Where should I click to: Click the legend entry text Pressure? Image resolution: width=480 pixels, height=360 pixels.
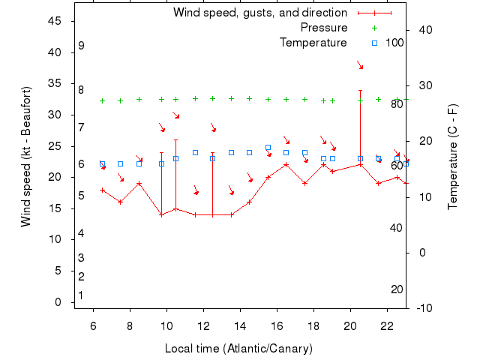coord(324,28)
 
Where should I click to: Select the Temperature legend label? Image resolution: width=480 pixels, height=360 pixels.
coord(313,42)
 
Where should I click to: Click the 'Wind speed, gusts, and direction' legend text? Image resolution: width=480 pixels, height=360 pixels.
coord(259,13)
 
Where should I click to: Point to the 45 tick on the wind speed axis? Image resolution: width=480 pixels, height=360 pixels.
coord(55,21)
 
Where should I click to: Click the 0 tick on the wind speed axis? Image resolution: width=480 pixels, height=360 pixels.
coord(58,302)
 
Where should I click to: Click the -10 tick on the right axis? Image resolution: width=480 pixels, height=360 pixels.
coord(422,307)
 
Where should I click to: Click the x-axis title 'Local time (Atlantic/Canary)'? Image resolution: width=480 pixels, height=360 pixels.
coord(238,349)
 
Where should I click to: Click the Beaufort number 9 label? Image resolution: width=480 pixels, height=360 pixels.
coord(81,46)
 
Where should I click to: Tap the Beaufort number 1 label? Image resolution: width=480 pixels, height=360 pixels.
coord(81,295)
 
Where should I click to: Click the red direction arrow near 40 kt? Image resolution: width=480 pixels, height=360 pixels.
coord(360,66)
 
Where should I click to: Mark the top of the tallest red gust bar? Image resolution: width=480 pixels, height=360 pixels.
coord(360,90)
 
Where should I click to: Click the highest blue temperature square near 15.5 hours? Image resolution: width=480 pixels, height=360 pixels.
coord(268,148)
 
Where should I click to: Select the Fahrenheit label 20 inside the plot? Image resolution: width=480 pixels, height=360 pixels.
coord(397,289)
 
